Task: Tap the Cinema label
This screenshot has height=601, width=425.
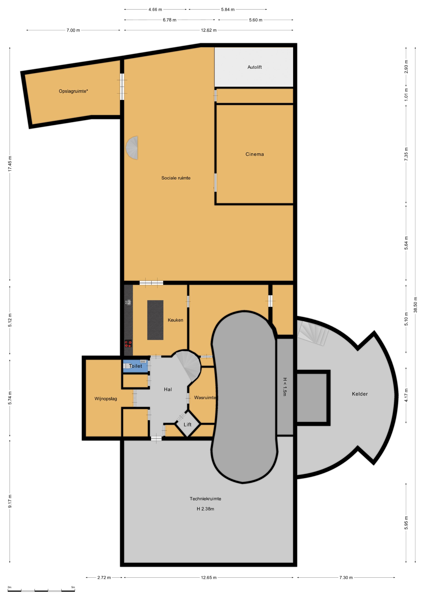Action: tap(254, 154)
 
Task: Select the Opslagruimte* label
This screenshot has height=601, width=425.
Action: tap(73, 91)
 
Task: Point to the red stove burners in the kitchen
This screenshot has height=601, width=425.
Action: tap(128, 344)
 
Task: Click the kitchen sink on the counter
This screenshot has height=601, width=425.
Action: tap(128, 302)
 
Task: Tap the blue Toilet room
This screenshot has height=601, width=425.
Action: tap(135, 366)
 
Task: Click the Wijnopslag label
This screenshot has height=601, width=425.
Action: tap(106, 399)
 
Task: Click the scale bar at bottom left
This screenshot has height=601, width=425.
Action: tap(41, 591)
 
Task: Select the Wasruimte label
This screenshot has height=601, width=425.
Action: tap(205, 398)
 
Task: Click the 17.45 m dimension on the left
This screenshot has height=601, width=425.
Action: tap(10, 164)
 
